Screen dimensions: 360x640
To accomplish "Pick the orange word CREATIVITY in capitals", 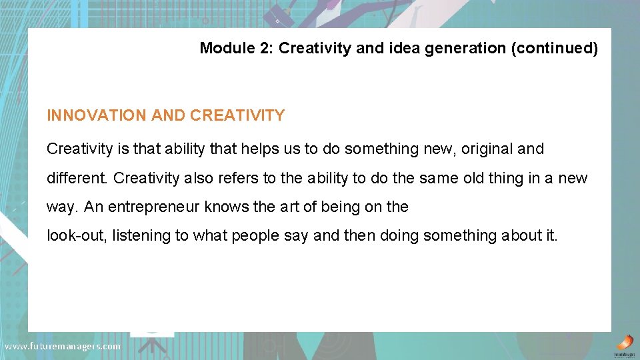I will point(237,115).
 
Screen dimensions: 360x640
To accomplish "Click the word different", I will point(78,179).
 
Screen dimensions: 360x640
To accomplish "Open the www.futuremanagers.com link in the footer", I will point(63,347).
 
